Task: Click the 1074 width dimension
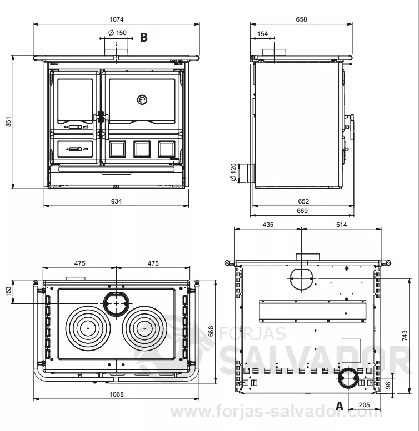coord(117,19)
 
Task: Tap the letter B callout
coord(144,37)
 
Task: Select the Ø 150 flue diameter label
coord(117,33)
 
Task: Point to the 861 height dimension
coord(8,122)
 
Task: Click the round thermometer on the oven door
coord(142,100)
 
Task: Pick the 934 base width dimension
coord(116,201)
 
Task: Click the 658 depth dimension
coord(301,19)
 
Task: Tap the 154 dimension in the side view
coord(262,34)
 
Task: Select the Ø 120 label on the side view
coord(233,173)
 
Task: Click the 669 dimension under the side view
coord(302,211)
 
